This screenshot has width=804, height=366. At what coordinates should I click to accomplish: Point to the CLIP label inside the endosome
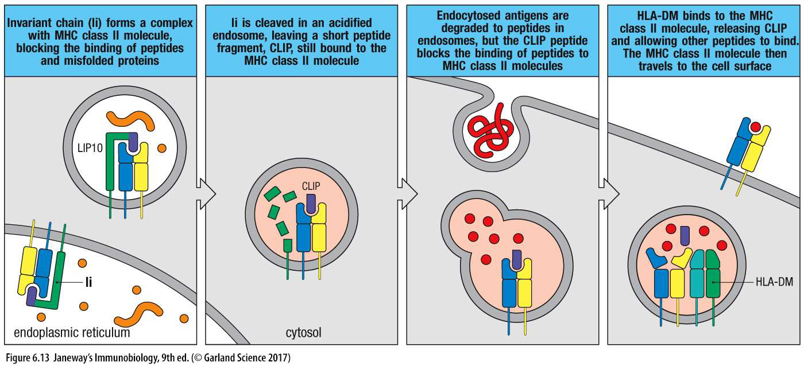311,186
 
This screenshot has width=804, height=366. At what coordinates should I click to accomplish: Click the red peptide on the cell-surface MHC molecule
756,126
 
